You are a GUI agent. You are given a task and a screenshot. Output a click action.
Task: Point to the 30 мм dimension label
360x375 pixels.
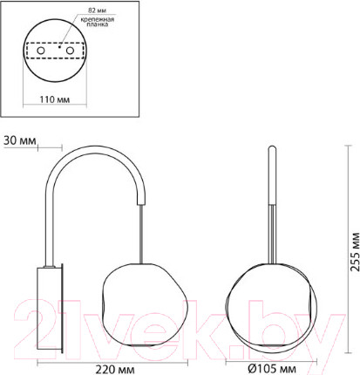18,139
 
